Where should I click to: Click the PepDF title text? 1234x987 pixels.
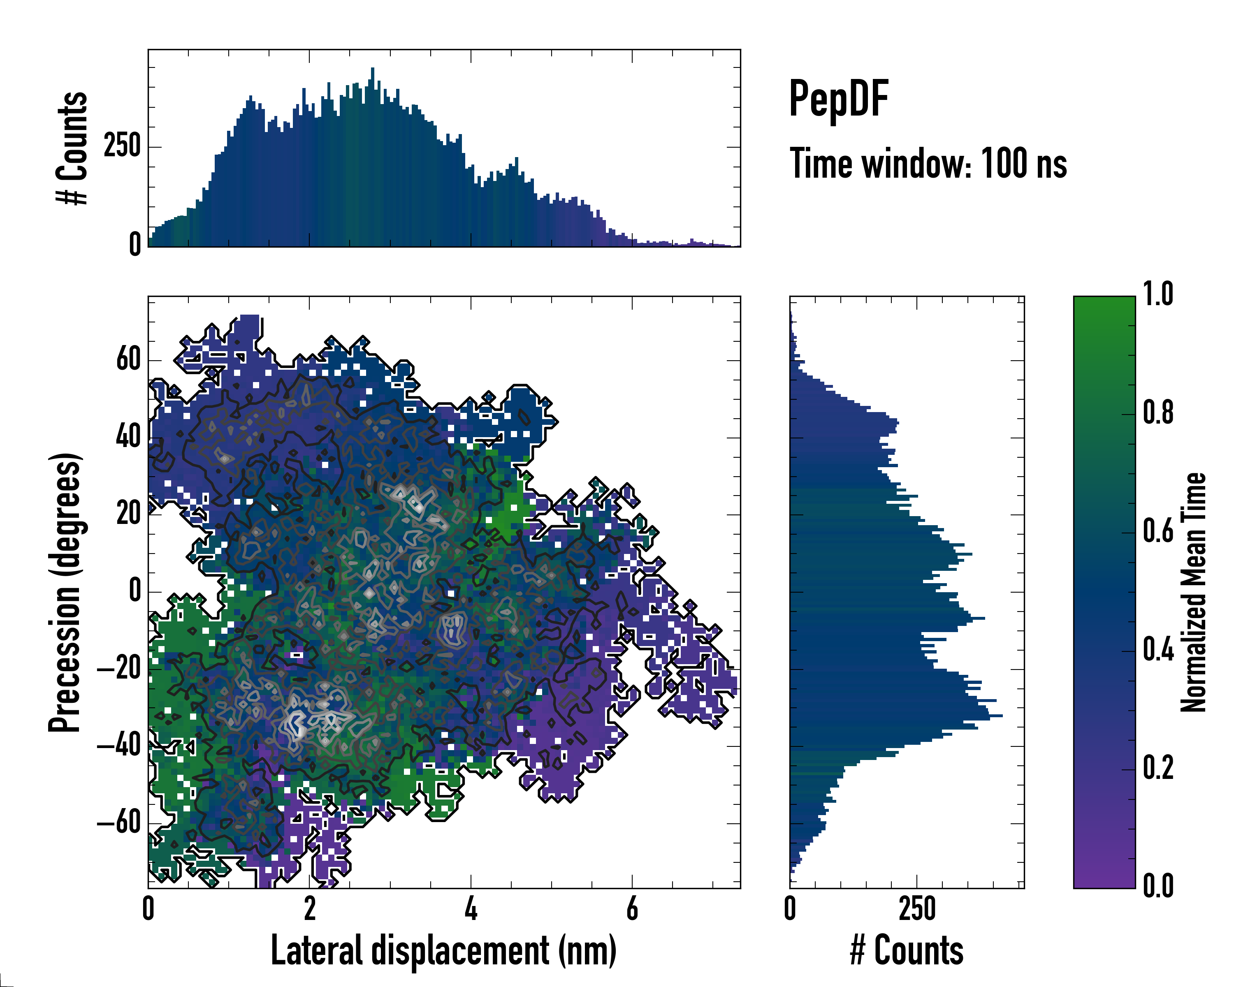tap(838, 98)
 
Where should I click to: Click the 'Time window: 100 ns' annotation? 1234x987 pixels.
tap(928, 164)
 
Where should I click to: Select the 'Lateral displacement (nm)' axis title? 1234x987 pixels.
tap(443, 950)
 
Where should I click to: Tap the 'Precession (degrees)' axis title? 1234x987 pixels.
tap(65, 592)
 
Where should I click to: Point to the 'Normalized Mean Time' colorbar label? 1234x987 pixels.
tap(1193, 592)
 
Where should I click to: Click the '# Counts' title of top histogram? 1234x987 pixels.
tap(72, 148)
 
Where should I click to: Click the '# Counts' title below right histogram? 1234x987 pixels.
tap(907, 950)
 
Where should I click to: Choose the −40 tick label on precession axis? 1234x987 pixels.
tap(119, 746)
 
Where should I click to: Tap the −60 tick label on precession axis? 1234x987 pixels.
tap(119, 823)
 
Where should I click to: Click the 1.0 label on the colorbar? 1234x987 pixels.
tap(1158, 295)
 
